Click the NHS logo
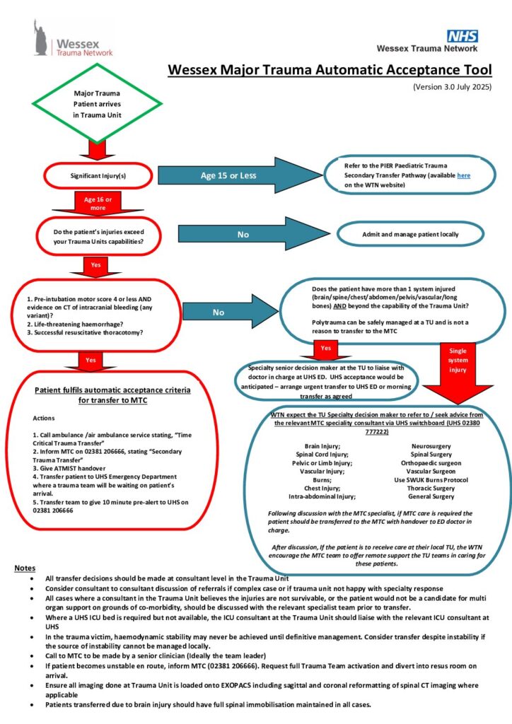(x=462, y=36)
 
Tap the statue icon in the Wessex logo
(x=40, y=38)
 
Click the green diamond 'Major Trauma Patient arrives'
(x=97, y=103)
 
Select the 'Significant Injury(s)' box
(x=98, y=175)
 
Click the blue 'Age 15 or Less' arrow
(x=240, y=175)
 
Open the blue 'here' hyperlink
(x=463, y=175)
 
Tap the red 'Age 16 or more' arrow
(x=98, y=203)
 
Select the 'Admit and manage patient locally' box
(x=410, y=234)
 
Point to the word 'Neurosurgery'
(x=431, y=446)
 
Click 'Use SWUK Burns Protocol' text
(x=431, y=480)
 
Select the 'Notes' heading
(x=25, y=568)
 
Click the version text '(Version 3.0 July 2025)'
(x=452, y=87)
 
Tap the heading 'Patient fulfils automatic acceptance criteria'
(x=112, y=390)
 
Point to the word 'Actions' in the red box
(x=43, y=418)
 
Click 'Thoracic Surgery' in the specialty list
(x=431, y=488)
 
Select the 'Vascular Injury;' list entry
(x=322, y=472)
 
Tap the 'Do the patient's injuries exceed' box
(x=99, y=236)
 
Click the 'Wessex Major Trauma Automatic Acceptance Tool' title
(x=330, y=70)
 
